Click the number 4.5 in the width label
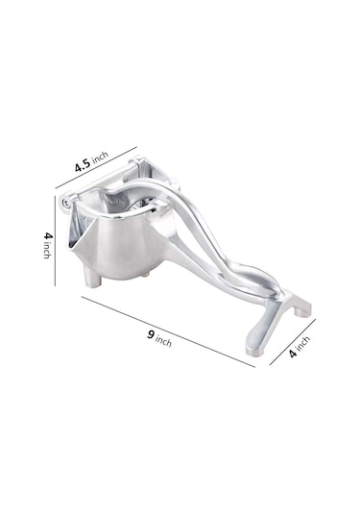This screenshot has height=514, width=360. (x=83, y=165)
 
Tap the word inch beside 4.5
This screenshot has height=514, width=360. (x=100, y=158)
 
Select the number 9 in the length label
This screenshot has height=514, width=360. (x=151, y=334)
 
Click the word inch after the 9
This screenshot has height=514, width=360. (x=163, y=341)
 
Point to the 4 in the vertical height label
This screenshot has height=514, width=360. (x=48, y=235)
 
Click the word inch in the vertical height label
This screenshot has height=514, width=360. (x=47, y=250)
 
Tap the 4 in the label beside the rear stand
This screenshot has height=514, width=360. (x=293, y=353)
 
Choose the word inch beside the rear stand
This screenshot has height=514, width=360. (x=303, y=343)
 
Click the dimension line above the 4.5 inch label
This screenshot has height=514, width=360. (x=96, y=167)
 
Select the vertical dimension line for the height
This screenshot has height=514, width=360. (x=55, y=241)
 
